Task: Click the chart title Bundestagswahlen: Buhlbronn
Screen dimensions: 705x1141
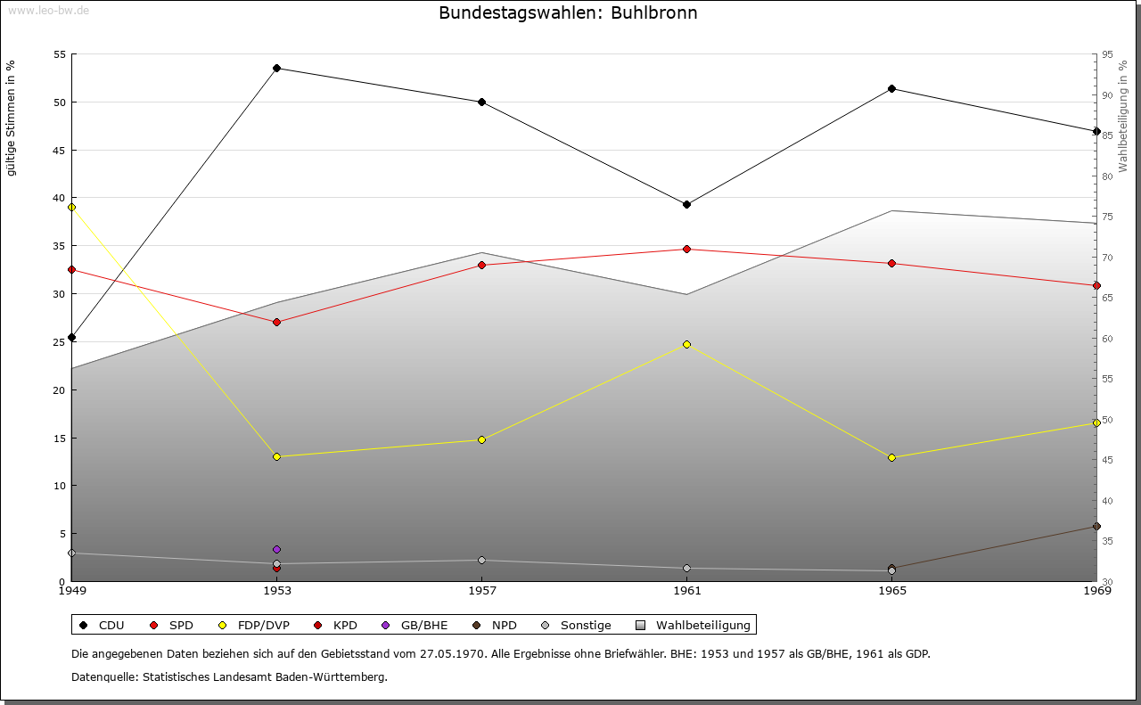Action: [568, 13]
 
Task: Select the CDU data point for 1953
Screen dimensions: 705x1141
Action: [277, 69]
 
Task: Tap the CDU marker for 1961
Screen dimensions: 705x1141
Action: [686, 205]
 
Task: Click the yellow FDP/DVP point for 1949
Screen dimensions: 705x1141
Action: [72, 208]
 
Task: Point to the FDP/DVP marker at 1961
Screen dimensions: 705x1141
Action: [686, 344]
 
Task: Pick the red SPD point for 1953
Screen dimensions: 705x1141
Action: [277, 323]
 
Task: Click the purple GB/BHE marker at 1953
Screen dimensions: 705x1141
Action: [277, 549]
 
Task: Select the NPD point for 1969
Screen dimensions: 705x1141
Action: [1096, 527]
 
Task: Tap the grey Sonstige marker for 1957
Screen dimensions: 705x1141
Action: [482, 561]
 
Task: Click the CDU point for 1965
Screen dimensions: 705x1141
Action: [891, 89]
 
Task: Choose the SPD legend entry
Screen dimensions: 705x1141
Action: [173, 626]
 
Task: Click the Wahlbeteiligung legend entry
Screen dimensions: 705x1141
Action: [694, 626]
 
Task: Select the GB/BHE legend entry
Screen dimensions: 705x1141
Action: [415, 626]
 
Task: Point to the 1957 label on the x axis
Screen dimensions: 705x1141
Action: [482, 590]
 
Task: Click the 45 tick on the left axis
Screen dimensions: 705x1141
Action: [60, 150]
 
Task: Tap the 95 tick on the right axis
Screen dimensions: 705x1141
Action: [1107, 54]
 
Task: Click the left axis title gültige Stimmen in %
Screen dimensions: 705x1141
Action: [12, 118]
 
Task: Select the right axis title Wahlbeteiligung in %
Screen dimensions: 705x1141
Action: [1123, 116]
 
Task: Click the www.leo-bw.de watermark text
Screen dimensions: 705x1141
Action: [45, 10]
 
